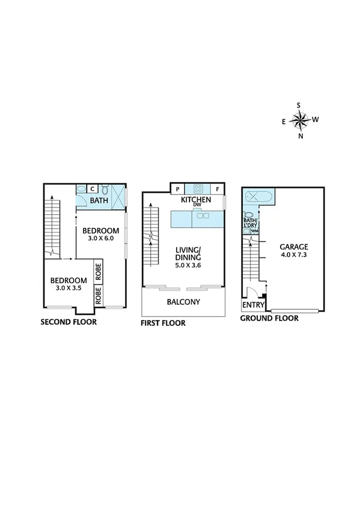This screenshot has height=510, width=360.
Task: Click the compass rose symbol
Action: click(x=299, y=120)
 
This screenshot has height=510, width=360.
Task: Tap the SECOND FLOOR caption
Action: click(x=69, y=322)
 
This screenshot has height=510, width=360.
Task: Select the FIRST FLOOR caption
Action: click(x=163, y=323)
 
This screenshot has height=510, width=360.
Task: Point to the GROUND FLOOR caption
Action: click(x=269, y=319)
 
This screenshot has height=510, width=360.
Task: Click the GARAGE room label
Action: click(x=293, y=247)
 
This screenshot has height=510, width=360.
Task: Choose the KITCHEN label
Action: click(x=195, y=199)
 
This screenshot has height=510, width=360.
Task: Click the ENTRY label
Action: click(x=249, y=305)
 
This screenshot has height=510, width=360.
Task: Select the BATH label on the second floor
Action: click(x=99, y=201)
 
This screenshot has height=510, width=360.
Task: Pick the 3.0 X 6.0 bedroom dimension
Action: click(x=100, y=239)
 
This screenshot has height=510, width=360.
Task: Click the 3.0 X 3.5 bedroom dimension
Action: click(x=66, y=288)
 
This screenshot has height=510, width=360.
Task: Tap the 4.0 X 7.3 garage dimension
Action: click(x=293, y=254)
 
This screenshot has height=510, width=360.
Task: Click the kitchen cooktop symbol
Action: click(x=196, y=189)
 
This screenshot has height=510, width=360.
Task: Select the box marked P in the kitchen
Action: click(x=178, y=189)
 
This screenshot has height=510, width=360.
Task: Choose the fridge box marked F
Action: click(x=218, y=189)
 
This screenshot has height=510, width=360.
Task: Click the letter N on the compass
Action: click(x=301, y=136)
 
